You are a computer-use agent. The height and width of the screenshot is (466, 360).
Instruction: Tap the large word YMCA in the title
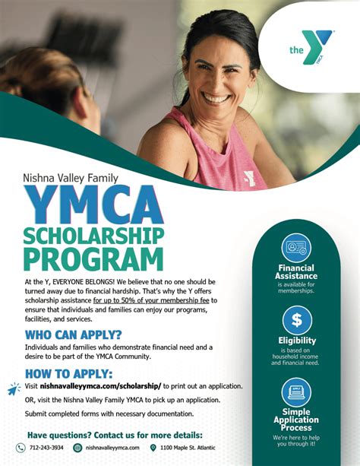point(93,205)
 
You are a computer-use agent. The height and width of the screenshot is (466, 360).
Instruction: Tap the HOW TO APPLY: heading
point(69,373)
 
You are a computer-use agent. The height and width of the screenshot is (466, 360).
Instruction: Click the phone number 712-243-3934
point(47,448)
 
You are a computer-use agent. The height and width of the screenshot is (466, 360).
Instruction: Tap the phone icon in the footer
point(21,448)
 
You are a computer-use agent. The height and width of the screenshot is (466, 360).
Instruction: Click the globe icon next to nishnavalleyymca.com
point(77,448)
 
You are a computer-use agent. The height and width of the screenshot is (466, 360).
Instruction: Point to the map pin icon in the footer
point(153,448)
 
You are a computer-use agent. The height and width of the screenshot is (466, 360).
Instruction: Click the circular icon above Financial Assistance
point(296,248)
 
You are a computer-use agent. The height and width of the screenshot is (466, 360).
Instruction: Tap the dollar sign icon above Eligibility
point(296,320)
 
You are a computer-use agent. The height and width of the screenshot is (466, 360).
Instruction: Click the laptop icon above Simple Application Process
point(296,392)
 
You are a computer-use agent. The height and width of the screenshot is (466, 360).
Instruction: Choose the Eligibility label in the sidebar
point(296,341)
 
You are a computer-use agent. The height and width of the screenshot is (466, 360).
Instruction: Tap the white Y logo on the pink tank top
point(248,178)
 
